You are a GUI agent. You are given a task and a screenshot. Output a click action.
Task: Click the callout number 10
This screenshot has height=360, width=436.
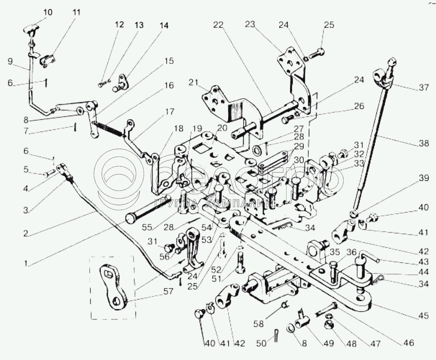48,12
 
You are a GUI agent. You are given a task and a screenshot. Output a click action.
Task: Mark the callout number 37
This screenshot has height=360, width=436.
424,88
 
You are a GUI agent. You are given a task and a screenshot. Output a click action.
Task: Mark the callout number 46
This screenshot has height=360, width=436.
409,343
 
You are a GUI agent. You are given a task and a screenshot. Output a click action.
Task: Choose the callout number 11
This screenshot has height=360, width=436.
77,12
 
